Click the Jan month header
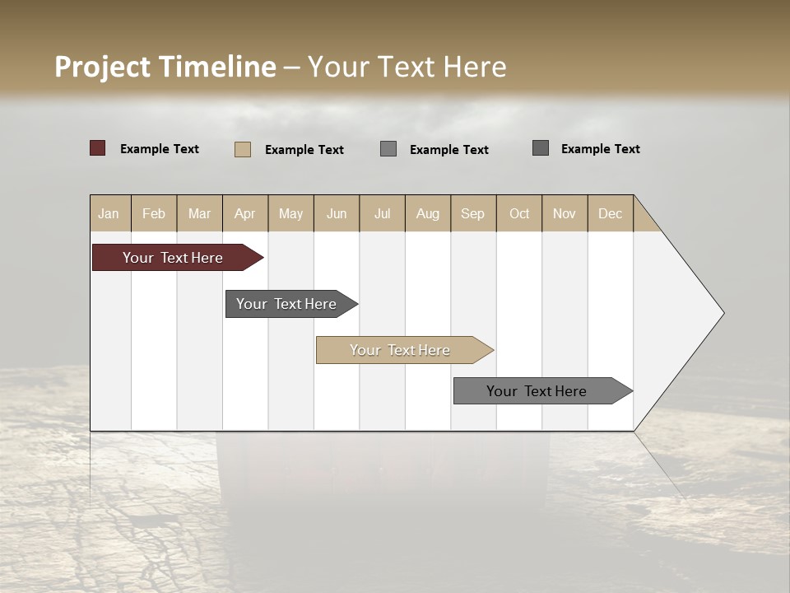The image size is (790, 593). (109, 213)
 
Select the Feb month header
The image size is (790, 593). (154, 213)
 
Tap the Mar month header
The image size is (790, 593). (199, 213)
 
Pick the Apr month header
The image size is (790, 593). (245, 213)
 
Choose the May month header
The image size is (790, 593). (290, 213)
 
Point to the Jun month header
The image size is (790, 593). (337, 213)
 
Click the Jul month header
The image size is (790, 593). (382, 213)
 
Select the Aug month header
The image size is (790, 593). (428, 213)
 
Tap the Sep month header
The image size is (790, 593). (473, 213)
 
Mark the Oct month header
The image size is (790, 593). (519, 213)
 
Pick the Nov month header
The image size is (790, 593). (565, 213)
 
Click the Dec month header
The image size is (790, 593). (611, 213)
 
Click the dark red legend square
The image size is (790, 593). (98, 148)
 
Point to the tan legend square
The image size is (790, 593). (243, 149)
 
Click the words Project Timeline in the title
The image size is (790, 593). (165, 67)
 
